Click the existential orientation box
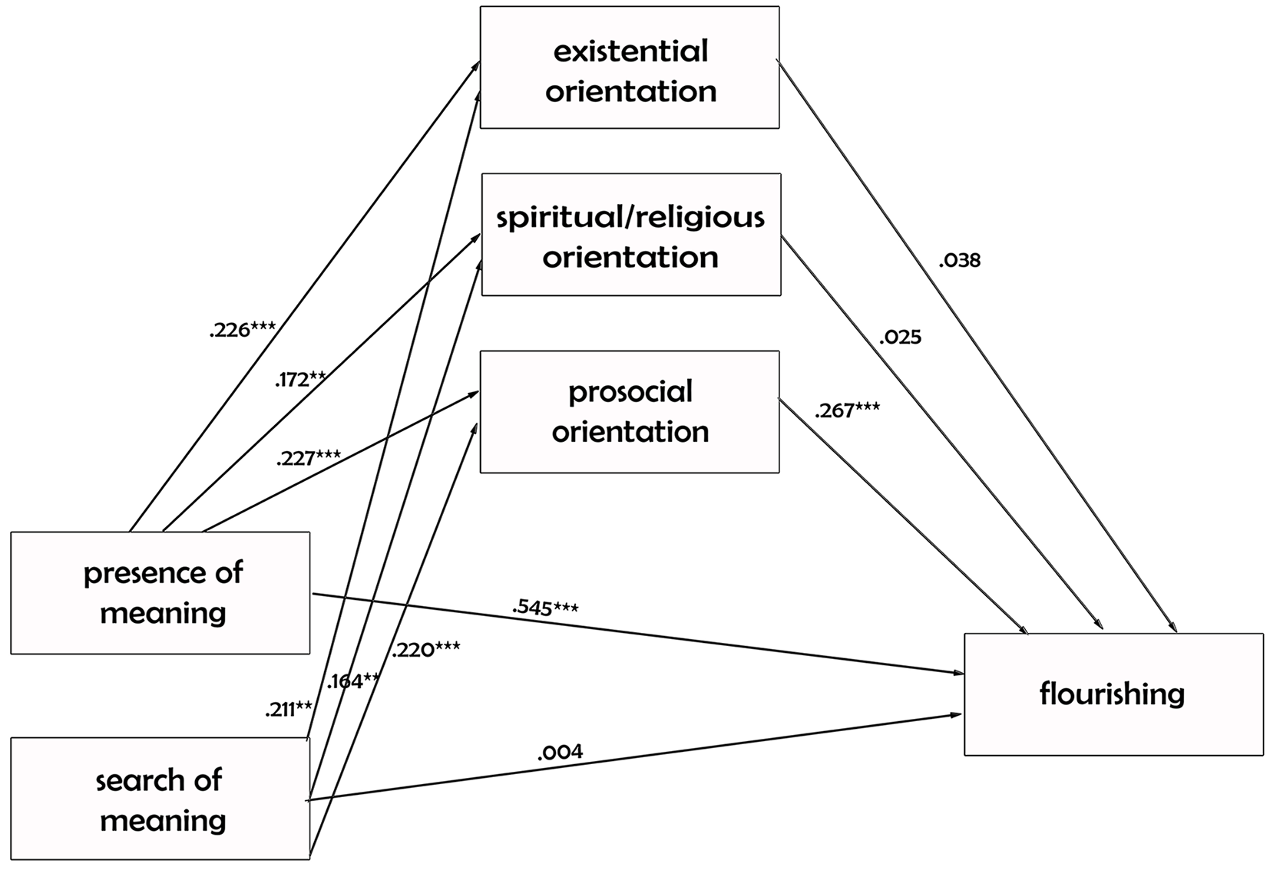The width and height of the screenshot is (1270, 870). pos(630,68)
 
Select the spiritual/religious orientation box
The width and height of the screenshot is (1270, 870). pos(631,235)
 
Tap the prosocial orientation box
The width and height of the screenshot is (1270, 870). pos(630,412)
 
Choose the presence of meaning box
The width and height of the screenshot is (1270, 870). pos(160,593)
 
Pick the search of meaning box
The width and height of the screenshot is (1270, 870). pos(160,799)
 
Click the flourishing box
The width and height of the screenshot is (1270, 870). pos(1113,694)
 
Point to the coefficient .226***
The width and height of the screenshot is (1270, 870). pos(242,329)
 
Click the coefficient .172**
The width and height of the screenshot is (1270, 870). pos(300,379)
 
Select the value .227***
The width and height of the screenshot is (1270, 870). pos(309,457)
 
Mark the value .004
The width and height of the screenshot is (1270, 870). pos(561,752)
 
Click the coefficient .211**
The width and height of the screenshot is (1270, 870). pos(289,709)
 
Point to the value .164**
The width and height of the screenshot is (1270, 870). pos(352,681)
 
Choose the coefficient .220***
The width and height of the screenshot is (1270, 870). pos(426,650)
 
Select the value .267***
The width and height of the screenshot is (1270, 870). pos(847,410)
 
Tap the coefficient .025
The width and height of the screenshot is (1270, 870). pos(901,338)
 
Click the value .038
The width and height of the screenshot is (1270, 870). pos(960,261)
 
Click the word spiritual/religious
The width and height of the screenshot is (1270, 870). pos(630,218)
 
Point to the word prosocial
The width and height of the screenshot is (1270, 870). pos(630,392)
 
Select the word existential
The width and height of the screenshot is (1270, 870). pos(630,51)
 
